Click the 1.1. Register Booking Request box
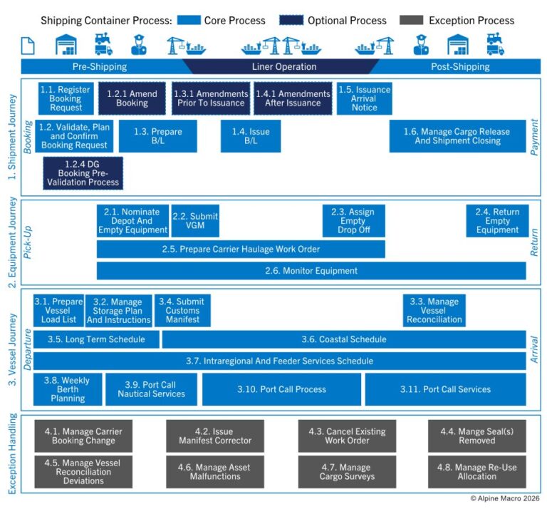coord(65,98)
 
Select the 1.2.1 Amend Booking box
coord(132,98)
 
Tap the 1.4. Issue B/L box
coord(256,136)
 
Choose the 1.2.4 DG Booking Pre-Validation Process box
coord(83,173)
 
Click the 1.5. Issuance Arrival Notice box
coord(364,98)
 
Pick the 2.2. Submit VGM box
coord(195,221)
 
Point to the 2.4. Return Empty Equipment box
coord(497,221)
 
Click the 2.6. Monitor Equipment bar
coord(311,271)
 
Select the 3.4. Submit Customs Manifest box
coord(182,311)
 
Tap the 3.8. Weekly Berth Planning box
coord(68,389)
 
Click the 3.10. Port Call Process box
coord(281,389)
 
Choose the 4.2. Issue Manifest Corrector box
coord(214,436)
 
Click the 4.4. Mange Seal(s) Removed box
coord(476,436)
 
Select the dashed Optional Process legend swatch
coord(291,21)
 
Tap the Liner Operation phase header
coord(284,67)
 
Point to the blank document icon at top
coord(28,46)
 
